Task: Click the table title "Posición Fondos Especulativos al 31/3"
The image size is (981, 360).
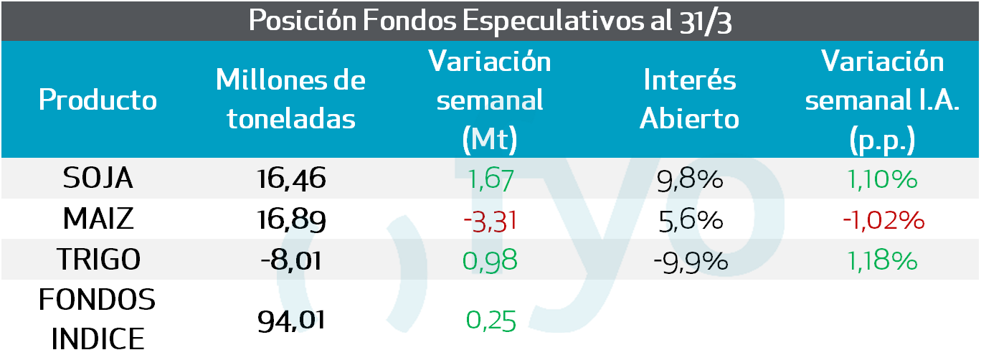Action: pos(490,20)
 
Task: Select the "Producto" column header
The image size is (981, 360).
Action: pos(98,100)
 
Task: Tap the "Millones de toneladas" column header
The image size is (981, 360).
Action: pos(291,100)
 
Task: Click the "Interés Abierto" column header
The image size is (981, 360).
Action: pos(689,100)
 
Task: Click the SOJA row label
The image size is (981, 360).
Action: pos(98,179)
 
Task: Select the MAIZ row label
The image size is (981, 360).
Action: pos(98,219)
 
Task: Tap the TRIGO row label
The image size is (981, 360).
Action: pos(98,260)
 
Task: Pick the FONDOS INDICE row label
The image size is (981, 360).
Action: pos(98,318)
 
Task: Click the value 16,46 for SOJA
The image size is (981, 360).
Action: pos(291,179)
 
